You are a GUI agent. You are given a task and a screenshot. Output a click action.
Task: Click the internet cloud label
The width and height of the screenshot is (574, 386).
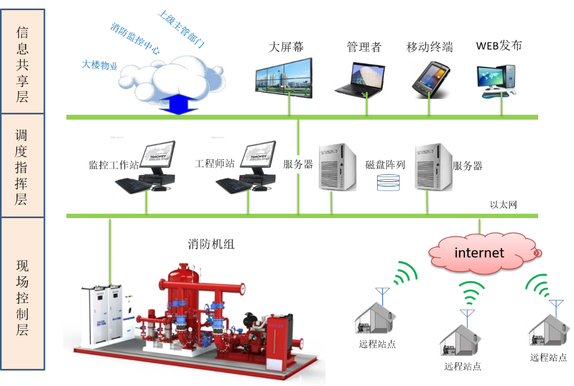click(x=479, y=252)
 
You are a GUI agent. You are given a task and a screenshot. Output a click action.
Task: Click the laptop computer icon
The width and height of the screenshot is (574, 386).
click(x=359, y=80)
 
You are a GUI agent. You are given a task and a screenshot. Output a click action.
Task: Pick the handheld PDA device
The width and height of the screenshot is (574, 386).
click(x=430, y=80)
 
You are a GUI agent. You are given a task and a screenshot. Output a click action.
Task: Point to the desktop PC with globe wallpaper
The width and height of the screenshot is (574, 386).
click(x=496, y=81)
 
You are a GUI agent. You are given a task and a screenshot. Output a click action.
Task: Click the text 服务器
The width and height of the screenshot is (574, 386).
click(x=298, y=165)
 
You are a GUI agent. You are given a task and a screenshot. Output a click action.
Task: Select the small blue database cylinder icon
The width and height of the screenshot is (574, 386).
click(x=388, y=182)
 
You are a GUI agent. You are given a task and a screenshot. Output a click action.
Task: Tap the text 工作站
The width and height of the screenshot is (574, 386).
click(x=124, y=164)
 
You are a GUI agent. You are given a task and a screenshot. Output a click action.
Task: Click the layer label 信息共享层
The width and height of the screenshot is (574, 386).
click(x=22, y=61)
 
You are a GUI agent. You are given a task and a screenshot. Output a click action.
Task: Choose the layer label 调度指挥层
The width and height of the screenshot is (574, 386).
click(x=22, y=166)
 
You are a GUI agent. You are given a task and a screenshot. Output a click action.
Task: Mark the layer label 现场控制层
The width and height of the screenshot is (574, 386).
click(x=22, y=294)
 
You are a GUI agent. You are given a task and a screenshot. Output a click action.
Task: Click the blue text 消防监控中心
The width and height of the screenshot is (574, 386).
click(x=135, y=38)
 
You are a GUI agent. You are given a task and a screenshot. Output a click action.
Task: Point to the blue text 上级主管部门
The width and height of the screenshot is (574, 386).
click(x=181, y=29)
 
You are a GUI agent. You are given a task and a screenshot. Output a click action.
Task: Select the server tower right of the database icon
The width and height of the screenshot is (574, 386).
click(x=433, y=167)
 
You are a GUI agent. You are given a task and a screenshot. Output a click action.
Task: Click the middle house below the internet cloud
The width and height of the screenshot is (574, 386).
click(x=460, y=340)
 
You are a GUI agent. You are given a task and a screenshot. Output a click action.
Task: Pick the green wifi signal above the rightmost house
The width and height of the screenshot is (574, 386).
click(x=538, y=285)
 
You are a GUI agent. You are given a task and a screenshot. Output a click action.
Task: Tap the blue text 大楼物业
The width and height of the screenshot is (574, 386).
click(x=99, y=65)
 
